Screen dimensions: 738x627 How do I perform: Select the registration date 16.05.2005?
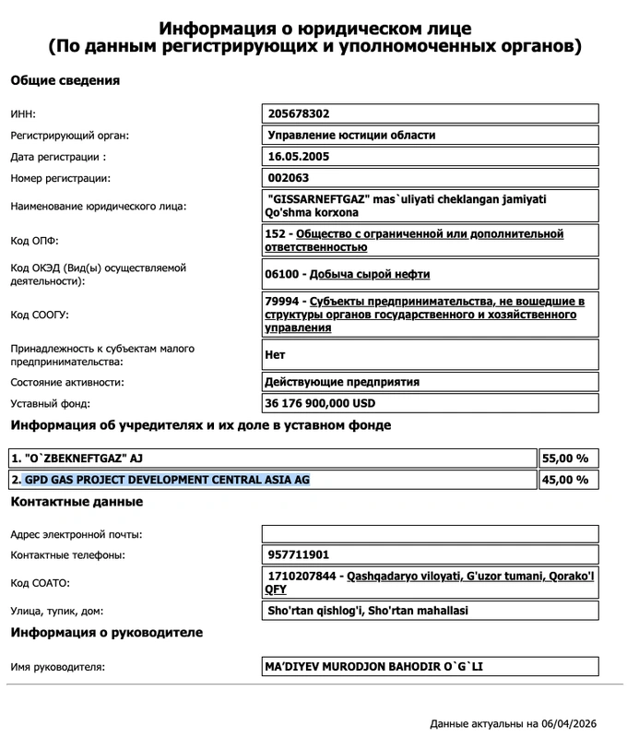[x=298, y=157]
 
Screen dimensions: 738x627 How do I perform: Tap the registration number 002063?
[x=289, y=178]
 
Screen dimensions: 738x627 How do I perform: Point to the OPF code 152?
[x=278, y=234]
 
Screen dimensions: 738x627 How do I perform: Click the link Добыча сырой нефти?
[x=370, y=274]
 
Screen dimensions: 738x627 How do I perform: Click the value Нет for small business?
[x=276, y=354]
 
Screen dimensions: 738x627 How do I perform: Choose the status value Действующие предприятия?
[x=342, y=382]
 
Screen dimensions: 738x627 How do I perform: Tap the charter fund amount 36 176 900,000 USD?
[x=321, y=404]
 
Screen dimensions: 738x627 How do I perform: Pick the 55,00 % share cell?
[x=568, y=458]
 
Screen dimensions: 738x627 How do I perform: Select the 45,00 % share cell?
[x=568, y=480]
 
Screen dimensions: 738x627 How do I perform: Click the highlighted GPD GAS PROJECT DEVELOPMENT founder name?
[x=166, y=480]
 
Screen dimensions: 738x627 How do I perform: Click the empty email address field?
[x=431, y=534]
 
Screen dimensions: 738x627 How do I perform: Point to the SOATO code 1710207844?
[x=301, y=576]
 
